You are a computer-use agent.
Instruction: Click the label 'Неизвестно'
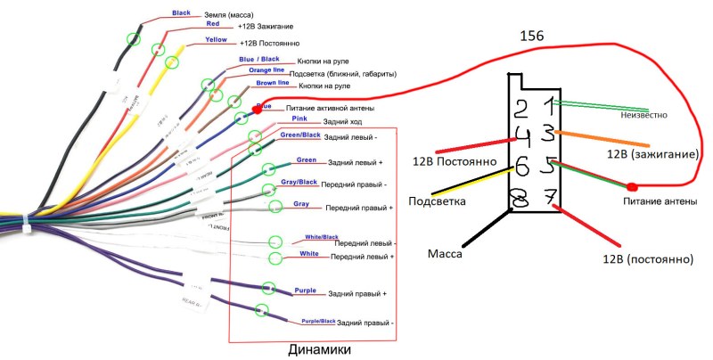636,115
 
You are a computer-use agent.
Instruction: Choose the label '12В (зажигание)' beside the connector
652,154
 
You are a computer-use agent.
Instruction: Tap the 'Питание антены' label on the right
659,201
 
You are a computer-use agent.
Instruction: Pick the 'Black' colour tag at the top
181,13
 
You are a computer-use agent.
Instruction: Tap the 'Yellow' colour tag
216,40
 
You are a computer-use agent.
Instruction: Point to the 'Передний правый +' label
358,208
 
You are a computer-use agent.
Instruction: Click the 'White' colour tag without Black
308,253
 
